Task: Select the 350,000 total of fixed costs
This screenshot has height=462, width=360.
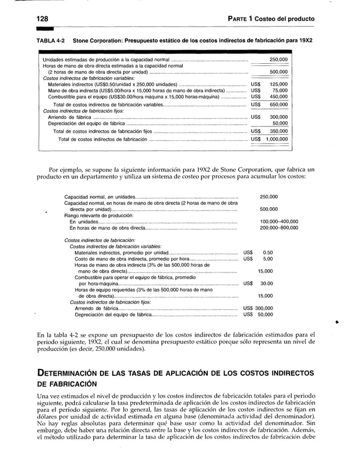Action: (x=277, y=131)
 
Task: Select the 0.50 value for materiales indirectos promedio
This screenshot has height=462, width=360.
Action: (x=268, y=252)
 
